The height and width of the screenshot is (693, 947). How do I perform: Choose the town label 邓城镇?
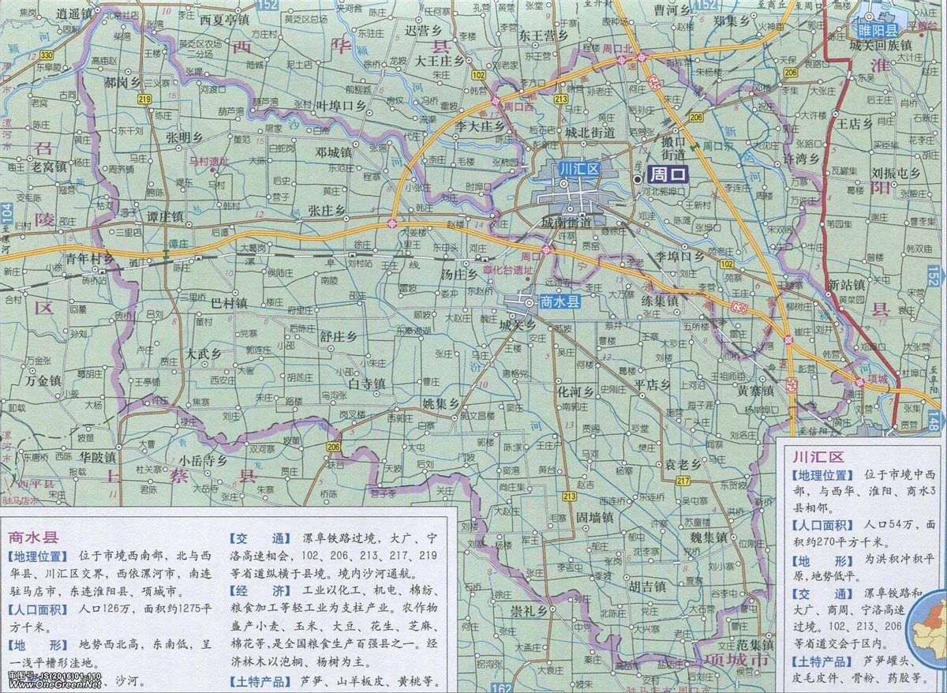click(334, 152)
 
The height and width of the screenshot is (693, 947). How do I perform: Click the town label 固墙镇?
click(594, 519)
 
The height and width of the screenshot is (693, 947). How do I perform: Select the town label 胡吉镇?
click(647, 587)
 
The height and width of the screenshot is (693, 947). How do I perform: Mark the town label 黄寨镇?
click(754, 390)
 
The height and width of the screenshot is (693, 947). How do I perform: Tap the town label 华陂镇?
click(98, 457)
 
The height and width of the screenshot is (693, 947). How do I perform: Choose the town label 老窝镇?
click(49, 167)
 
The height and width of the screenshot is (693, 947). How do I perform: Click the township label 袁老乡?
click(682, 464)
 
